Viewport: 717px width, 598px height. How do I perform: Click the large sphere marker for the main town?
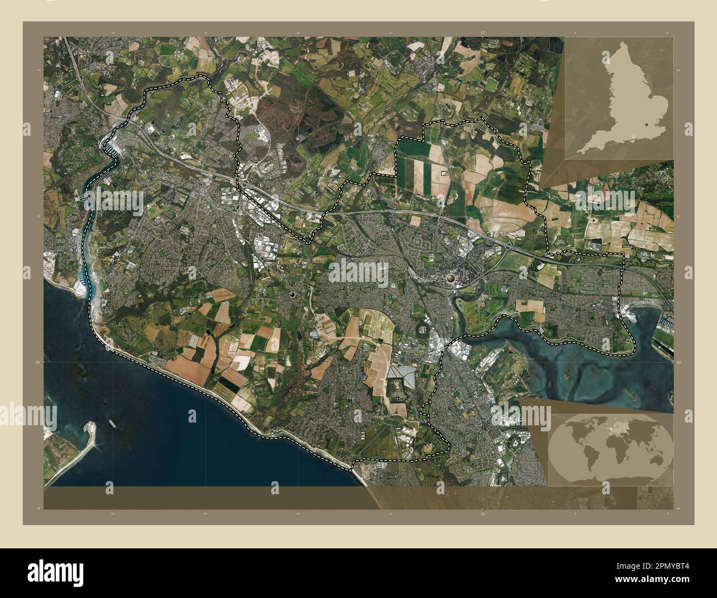click(451, 279)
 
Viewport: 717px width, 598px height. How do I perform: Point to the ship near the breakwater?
click(112, 424)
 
